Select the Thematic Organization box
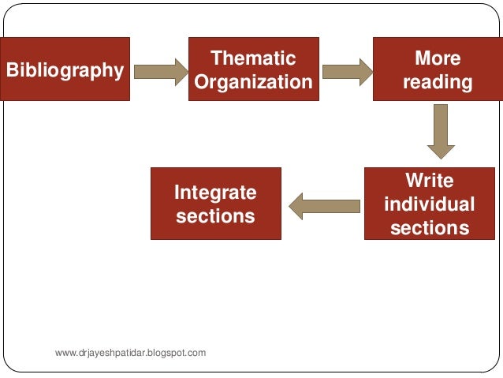point(253,69)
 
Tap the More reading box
point(437,69)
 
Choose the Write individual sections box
point(429,204)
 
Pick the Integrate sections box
point(215,204)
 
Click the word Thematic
point(253,58)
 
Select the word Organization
point(253,82)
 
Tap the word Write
point(429,180)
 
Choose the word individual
point(429,204)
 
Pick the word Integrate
point(215,192)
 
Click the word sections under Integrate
point(215,215)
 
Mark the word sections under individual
point(429,228)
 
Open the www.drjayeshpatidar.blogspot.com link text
point(131,352)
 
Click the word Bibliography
point(65,70)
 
